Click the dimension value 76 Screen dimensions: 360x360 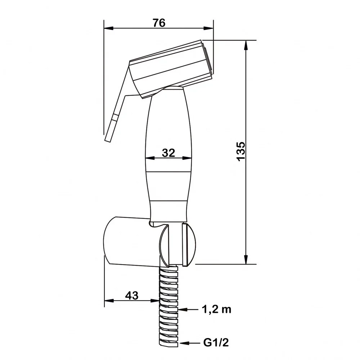(x=159, y=23)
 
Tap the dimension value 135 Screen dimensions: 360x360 (x=241, y=152)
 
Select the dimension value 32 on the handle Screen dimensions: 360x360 (x=168, y=153)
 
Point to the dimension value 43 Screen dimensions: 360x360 (x=132, y=296)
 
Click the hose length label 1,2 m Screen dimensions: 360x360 (x=216, y=310)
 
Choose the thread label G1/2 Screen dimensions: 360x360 (x=216, y=343)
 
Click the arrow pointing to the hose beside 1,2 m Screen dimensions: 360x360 (x=188, y=310)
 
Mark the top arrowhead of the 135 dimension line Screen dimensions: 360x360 (x=246, y=45)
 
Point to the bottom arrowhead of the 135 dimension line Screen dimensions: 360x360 (x=246, y=260)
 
